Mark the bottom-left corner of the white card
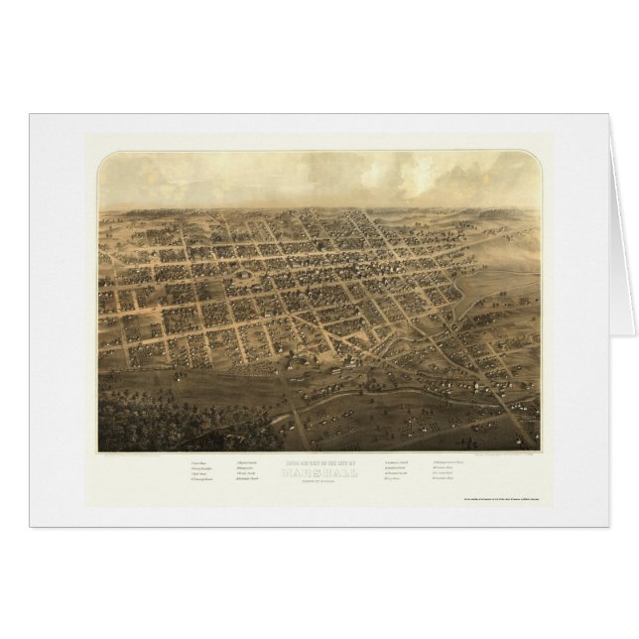tap(32, 525)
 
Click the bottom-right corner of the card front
tap(607, 525)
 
